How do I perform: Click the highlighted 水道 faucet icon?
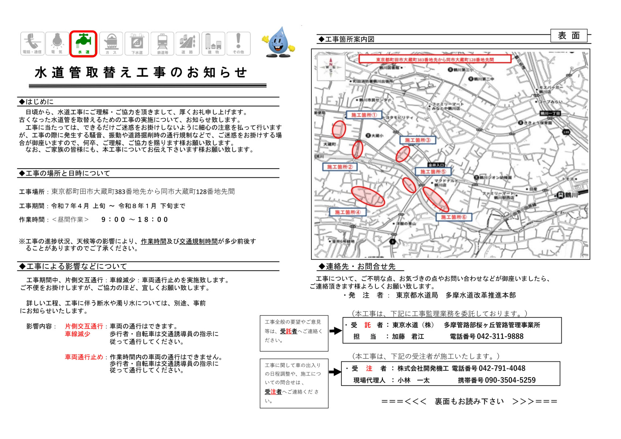pyautogui.click(x=83, y=44)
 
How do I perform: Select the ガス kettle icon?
pyautogui.click(x=111, y=44)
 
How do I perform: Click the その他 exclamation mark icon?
pyautogui.click(x=238, y=44)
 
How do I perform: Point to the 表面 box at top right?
pyautogui.click(x=568, y=36)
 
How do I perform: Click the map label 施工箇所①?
pyautogui.click(x=364, y=115)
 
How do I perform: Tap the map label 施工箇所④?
pyautogui.click(x=347, y=212)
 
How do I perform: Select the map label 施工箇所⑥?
pyautogui.click(x=453, y=217)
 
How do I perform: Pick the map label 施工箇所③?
pyautogui.click(x=418, y=140)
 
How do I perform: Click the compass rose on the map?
pyautogui.click(x=331, y=67)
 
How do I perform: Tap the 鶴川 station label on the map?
pyautogui.click(x=572, y=195)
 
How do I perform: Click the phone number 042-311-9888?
pyautogui.click(x=500, y=337)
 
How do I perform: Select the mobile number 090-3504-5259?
pyautogui.click(x=510, y=380)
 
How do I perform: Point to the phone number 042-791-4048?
pyautogui.click(x=502, y=368)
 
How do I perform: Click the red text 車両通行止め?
pyautogui.click(x=84, y=357)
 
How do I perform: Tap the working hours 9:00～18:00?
pyautogui.click(x=134, y=219)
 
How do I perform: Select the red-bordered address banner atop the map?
pyautogui.click(x=435, y=59)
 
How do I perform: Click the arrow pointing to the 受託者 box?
pyautogui.click(x=335, y=331)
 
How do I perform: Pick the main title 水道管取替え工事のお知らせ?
pyautogui.click(x=141, y=73)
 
